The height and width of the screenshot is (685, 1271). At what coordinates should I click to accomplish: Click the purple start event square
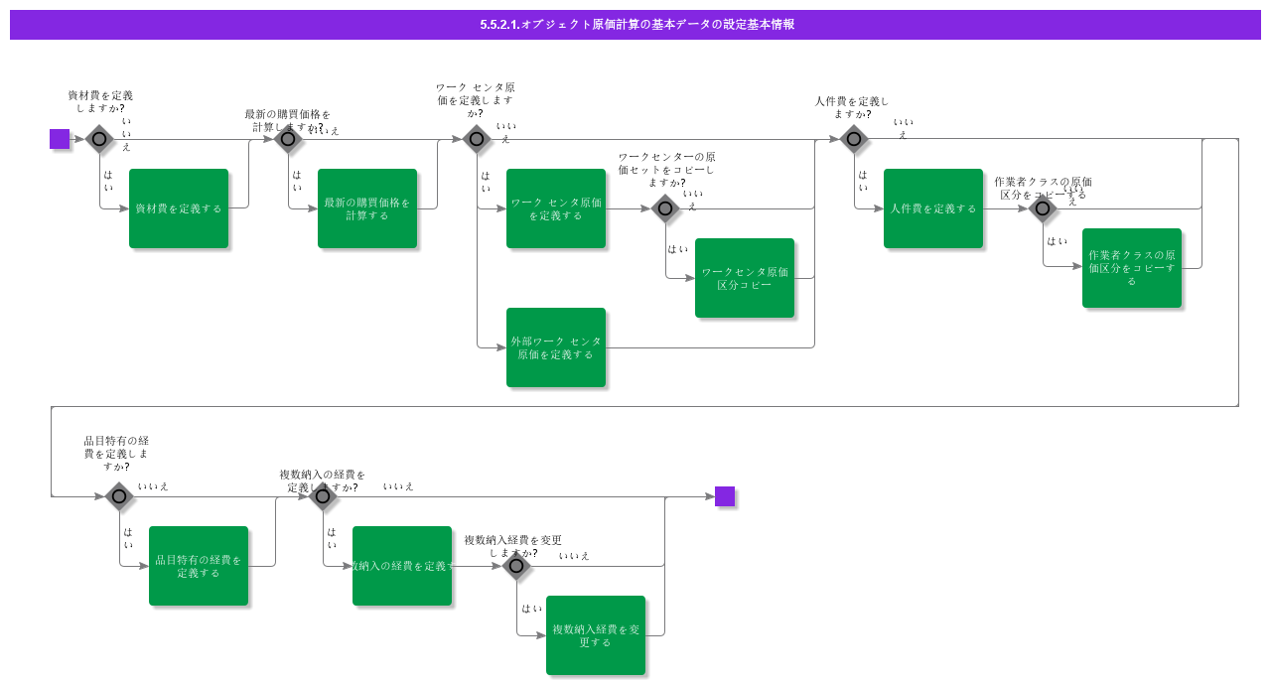pos(60,139)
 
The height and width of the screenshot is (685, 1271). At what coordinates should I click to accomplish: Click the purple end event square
pos(725,496)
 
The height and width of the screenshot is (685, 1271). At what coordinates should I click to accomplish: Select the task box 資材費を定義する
pos(179,208)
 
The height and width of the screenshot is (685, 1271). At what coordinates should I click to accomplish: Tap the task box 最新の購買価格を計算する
pos(367,208)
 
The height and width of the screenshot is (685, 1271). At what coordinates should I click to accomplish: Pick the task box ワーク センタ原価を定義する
pos(556,208)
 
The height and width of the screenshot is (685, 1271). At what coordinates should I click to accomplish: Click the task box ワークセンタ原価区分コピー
pos(745,278)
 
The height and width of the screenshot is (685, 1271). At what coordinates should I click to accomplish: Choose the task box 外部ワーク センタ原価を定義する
pos(556,347)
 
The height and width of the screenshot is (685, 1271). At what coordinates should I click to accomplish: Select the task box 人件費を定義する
pos(933,208)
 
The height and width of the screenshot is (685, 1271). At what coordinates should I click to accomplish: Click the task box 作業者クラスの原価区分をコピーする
pos(1132,268)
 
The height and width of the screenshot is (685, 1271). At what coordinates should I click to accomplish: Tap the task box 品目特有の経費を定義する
pos(199,566)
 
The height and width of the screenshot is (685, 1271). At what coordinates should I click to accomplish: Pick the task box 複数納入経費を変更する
pos(596,635)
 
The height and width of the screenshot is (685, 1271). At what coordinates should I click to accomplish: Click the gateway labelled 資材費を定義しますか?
pos(99,139)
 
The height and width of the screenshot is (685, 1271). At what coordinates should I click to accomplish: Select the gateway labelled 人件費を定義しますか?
pos(854,139)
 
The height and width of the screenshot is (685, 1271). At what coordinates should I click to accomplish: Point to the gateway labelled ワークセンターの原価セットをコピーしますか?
pos(665,208)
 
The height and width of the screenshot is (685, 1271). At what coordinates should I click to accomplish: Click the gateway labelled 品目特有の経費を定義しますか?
pos(119,496)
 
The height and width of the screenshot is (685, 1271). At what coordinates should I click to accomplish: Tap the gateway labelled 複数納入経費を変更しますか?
pos(516,566)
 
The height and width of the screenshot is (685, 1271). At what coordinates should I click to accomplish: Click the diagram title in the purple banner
pos(635,25)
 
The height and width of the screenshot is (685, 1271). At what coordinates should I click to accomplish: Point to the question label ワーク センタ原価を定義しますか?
pos(476,100)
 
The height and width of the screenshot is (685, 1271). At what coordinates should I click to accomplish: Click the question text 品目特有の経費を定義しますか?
pos(116,454)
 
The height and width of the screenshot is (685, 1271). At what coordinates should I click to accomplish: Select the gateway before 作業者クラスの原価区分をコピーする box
pos(1043,208)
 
